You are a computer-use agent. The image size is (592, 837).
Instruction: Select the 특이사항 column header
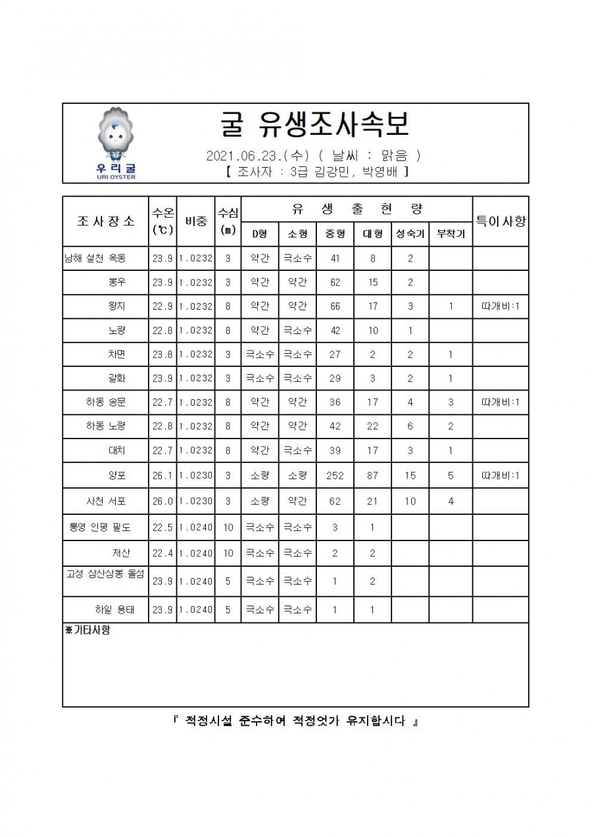point(501,221)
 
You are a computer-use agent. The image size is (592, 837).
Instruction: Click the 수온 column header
point(162,221)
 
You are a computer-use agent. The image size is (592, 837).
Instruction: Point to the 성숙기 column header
point(410,233)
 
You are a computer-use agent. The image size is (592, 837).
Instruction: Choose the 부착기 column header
point(451,233)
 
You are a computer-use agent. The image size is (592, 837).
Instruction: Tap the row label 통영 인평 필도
point(100,527)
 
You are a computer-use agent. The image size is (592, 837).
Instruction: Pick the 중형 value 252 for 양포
point(335,475)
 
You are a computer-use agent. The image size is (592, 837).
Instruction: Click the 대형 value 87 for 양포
point(372,475)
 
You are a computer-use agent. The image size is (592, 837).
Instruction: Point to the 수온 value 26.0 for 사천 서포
point(162,501)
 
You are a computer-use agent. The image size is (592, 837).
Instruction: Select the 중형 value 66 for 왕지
point(335,306)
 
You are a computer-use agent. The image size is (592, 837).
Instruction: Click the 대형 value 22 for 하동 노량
point(372,426)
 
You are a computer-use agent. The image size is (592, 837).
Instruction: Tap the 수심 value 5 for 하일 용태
point(228,610)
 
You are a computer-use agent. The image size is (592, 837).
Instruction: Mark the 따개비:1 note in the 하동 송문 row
point(501,402)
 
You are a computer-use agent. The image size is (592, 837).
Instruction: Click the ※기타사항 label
point(87,630)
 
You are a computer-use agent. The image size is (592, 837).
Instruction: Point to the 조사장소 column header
point(105,221)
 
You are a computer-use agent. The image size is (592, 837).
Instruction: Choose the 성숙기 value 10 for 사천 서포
point(410,501)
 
